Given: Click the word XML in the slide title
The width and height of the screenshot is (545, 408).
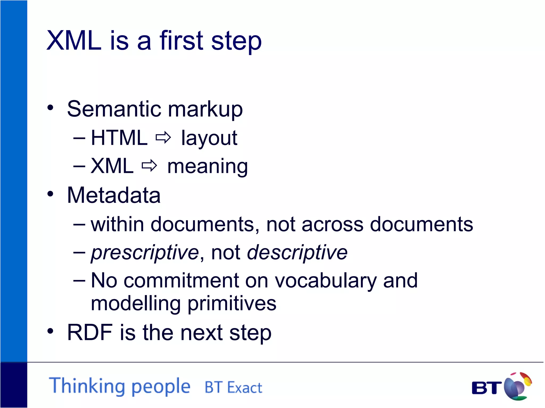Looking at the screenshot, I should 74,40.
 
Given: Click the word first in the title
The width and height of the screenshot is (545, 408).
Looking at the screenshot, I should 181,40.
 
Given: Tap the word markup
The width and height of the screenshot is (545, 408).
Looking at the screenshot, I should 205,109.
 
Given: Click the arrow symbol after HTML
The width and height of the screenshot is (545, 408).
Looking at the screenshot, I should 163,138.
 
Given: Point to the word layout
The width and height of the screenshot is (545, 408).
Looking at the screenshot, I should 209,138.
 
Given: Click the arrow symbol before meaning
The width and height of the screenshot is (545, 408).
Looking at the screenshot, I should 149,166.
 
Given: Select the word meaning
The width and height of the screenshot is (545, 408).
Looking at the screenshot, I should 208,167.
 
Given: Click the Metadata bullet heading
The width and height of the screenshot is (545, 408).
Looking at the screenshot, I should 114,195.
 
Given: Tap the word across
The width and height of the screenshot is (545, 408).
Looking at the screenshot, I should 332,224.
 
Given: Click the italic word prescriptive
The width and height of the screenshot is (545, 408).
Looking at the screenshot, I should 145,253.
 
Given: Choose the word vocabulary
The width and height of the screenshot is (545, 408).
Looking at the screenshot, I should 325,280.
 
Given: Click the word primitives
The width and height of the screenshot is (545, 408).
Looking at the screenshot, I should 232,304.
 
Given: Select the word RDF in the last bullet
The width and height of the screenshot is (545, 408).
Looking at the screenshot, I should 90,332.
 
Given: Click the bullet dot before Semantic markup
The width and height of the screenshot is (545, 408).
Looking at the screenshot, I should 50,108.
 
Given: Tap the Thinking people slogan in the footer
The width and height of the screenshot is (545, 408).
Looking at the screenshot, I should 120,386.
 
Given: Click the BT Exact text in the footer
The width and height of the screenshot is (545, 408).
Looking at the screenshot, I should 233,387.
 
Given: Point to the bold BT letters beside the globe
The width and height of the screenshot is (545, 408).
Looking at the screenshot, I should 486,388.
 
